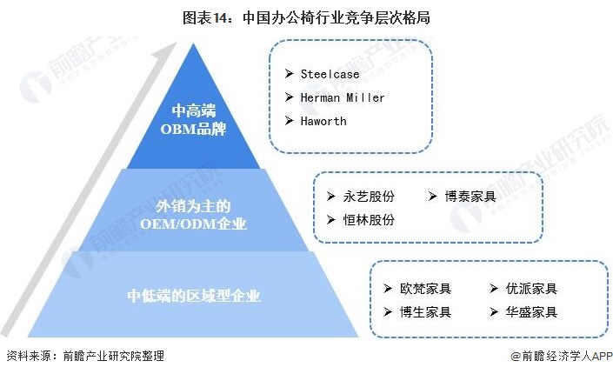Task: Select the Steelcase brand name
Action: [x=330, y=74]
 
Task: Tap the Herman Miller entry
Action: [x=343, y=97]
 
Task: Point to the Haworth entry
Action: [x=323, y=121]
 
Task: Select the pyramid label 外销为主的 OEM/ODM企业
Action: [x=193, y=216]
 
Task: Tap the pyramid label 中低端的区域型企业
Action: [x=193, y=296]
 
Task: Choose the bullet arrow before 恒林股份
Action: [x=330, y=220]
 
